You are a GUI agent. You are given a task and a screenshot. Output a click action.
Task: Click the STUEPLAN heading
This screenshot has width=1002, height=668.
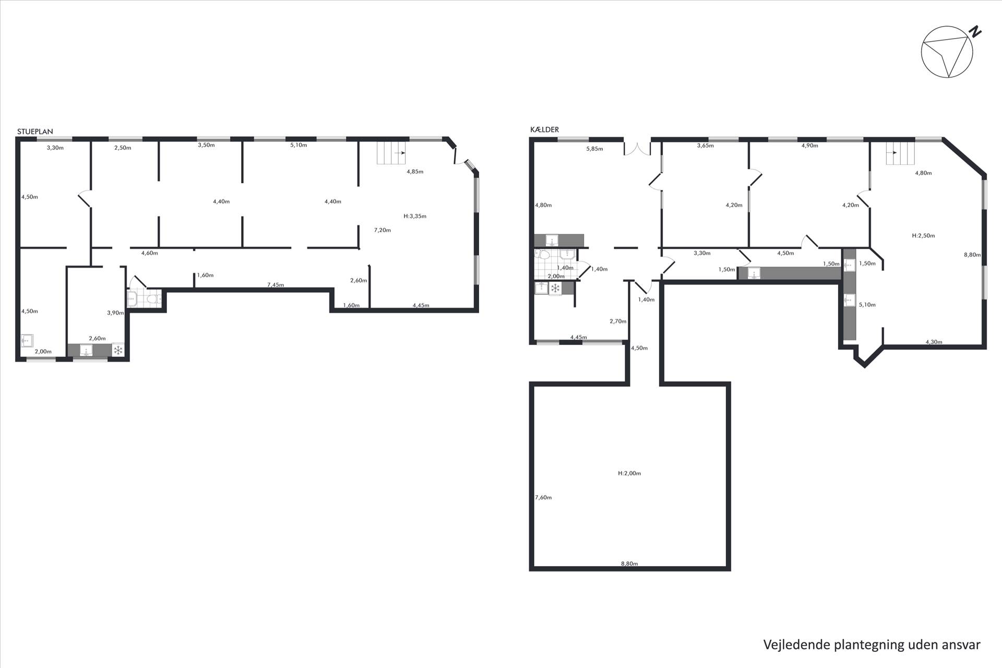pyautogui.click(x=35, y=132)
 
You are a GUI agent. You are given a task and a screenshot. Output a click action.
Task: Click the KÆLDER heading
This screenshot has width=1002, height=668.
pyautogui.click(x=544, y=130)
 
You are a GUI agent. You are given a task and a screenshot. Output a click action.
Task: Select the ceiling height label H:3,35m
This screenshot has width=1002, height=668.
pyautogui.click(x=415, y=216)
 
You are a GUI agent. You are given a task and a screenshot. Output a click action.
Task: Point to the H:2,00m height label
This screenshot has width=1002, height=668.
pyautogui.click(x=629, y=473)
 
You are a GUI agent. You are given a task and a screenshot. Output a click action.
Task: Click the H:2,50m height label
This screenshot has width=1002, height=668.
pyautogui.click(x=923, y=236)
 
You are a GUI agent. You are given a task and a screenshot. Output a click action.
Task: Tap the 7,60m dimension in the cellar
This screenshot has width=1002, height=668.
pyautogui.click(x=543, y=497)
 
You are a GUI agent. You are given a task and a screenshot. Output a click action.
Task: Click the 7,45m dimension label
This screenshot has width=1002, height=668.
pyautogui.click(x=276, y=285)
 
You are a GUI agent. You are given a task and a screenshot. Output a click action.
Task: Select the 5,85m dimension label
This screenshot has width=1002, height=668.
pyautogui.click(x=594, y=149)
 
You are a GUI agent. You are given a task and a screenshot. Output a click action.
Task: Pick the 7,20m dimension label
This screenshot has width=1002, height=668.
pyautogui.click(x=383, y=230)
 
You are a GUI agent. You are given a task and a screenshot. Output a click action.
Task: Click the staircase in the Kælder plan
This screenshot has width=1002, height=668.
pyautogui.click(x=900, y=153)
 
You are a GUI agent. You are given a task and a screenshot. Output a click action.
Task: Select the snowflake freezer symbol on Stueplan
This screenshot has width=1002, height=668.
pyautogui.click(x=118, y=350)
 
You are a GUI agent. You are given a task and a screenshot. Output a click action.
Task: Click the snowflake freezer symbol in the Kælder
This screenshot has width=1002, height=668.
pyautogui.click(x=555, y=289)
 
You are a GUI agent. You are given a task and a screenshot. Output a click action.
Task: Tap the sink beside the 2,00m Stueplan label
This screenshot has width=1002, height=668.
pyautogui.click(x=27, y=341)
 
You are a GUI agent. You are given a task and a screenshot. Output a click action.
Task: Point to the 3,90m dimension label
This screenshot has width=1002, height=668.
pyautogui.click(x=115, y=313)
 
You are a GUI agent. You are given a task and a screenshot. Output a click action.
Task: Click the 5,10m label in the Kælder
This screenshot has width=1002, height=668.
pyautogui.click(x=867, y=305)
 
